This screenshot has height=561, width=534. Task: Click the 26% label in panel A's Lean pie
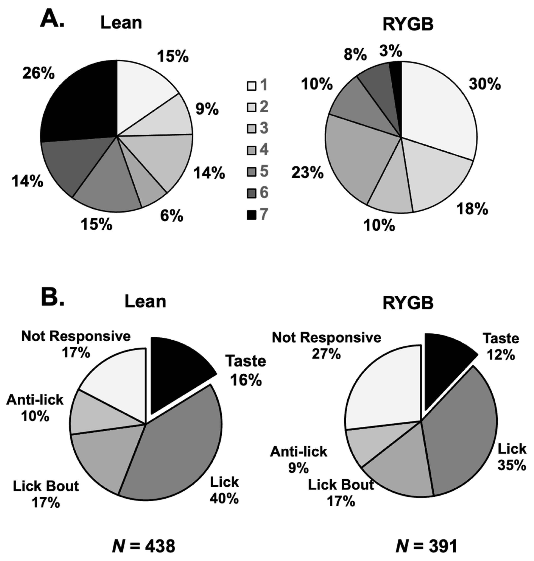click(x=38, y=73)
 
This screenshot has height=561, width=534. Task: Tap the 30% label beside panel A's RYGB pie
click(x=485, y=84)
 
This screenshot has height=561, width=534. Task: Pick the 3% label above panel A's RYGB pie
click(x=391, y=51)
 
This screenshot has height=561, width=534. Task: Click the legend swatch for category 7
click(x=251, y=215)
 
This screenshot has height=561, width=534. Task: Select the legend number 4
click(x=264, y=149)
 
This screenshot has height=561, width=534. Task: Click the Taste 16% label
click(x=246, y=370)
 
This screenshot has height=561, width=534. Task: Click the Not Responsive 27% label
click(x=326, y=346)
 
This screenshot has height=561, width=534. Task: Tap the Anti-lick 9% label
click(x=299, y=460)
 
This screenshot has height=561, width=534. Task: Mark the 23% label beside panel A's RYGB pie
click(x=307, y=173)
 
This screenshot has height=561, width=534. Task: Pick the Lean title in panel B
click(x=145, y=301)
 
